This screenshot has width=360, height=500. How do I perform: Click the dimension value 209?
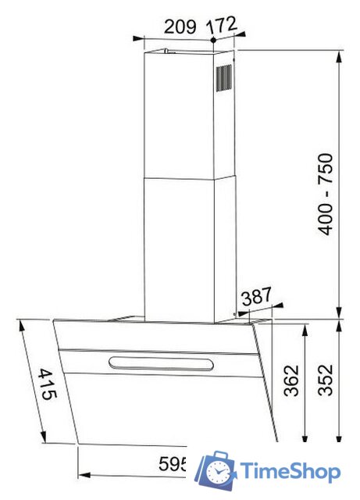tap(180, 26)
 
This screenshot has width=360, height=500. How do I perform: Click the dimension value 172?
tap(222, 25)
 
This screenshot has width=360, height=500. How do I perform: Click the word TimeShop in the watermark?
tap(290, 472)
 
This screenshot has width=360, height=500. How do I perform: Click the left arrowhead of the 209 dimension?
tap(137, 37)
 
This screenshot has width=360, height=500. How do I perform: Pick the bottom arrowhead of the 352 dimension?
tap(340, 441)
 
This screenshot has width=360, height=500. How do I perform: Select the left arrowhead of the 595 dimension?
tap(83, 474)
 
